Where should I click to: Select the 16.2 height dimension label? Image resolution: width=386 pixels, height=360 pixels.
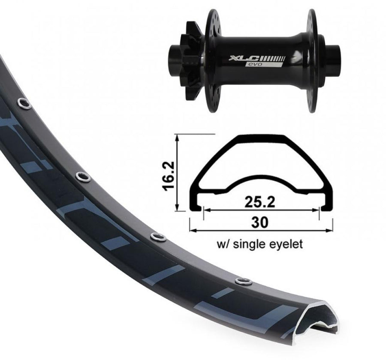169,176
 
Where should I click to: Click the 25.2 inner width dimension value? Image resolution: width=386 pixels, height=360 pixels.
260,202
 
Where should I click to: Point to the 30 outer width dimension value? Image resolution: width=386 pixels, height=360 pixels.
260,222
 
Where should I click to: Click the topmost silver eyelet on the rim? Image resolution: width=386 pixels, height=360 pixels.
24,103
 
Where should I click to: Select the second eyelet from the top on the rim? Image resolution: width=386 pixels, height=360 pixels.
83,177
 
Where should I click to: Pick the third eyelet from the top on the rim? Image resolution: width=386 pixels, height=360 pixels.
158,237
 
